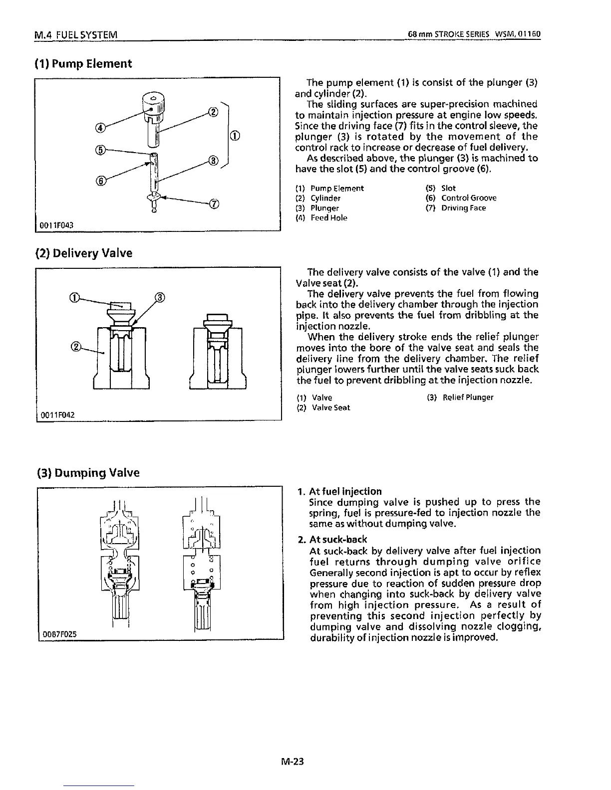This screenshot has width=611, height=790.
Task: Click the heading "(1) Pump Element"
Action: [83, 64]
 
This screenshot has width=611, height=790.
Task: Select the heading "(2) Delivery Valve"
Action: [84, 253]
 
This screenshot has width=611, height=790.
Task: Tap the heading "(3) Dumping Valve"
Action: [87, 472]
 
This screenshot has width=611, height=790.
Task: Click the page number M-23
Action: [293, 762]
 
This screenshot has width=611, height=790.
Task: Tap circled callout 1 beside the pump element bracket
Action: [236, 135]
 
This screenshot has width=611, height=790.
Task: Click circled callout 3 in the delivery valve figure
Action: [160, 298]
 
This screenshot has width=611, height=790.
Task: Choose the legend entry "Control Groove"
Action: [469, 198]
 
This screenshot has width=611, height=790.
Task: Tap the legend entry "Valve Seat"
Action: [330, 407]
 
